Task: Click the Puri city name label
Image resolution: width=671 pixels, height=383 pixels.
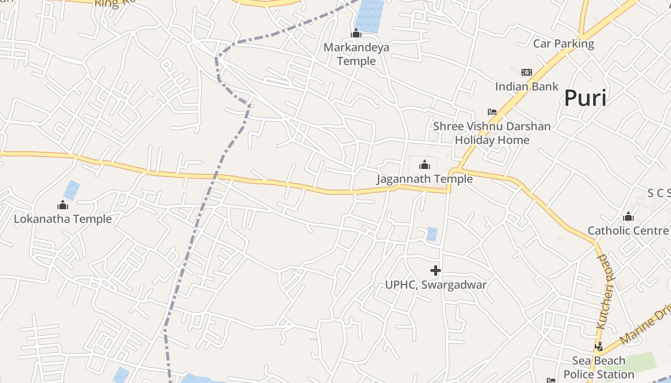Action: coord(585,98)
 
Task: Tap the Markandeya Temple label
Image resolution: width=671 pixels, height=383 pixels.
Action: coord(356,54)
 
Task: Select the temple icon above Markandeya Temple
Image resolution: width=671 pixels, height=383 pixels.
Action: coord(356,33)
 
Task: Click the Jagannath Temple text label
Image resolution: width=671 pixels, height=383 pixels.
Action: coord(425,179)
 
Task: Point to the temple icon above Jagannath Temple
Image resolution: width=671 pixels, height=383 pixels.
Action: coord(425,165)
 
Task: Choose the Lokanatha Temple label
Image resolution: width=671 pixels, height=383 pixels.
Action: coord(63,219)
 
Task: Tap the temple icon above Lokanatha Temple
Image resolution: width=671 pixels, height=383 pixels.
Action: coord(63,205)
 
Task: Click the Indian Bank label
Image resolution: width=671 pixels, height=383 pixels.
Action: coord(527,87)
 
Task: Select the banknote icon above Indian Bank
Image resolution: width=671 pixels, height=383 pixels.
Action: coord(527,72)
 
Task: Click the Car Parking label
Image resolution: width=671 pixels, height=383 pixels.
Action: coord(564,44)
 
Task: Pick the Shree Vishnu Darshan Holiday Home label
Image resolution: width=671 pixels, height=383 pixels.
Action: coord(492,134)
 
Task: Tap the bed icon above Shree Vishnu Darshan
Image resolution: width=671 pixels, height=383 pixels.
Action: coord(492,112)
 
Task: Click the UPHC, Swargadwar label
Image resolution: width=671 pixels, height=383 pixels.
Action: coord(436,285)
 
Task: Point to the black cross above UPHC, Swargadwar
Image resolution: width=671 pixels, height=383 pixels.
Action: coord(436,271)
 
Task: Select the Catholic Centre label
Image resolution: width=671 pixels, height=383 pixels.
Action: coord(628,231)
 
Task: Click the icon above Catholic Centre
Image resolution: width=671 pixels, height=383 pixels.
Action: coord(628,217)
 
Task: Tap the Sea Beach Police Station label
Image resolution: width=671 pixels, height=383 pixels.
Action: coord(599,368)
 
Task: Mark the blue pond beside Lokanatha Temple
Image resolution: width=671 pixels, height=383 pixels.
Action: coord(72,190)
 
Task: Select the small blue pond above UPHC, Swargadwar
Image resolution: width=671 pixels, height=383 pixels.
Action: coord(432,234)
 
